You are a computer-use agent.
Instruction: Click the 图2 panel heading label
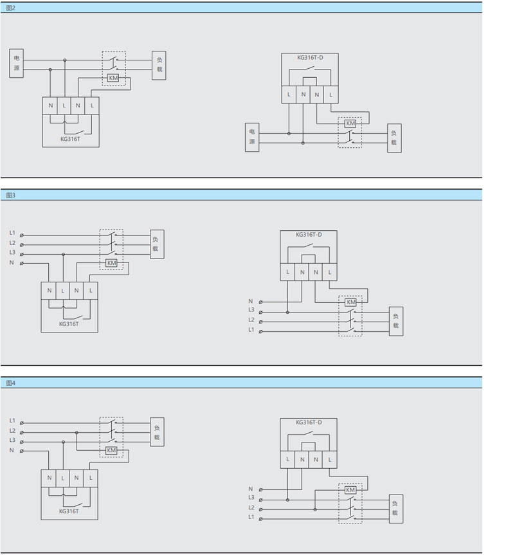10,7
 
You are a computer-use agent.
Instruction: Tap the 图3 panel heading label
10,194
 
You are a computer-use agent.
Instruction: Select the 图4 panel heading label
10,383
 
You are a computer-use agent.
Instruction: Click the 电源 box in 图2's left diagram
17,63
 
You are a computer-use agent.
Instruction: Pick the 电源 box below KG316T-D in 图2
253,137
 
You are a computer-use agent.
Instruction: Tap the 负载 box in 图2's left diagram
159,65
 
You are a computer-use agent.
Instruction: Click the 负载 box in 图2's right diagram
394,138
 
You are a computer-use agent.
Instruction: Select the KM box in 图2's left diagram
113,78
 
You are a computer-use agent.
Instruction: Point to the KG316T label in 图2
70,137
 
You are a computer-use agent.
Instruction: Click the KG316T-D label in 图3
309,235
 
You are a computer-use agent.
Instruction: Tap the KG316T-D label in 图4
309,423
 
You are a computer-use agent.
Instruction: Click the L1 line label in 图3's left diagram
12,232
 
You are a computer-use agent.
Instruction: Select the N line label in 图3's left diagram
11,263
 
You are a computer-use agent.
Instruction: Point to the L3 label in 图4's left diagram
12,440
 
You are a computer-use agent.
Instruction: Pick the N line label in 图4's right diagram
251,489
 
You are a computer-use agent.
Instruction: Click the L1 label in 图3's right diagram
251,330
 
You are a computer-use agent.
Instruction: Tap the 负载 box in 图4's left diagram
157,432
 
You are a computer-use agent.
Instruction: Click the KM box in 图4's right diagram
350,490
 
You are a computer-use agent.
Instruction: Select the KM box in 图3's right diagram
350,302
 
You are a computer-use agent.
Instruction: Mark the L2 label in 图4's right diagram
251,507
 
